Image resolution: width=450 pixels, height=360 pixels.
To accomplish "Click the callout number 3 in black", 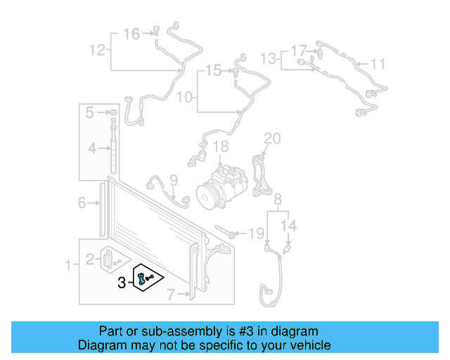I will click(122, 283).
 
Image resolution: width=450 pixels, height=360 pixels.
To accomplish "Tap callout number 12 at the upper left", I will click(96, 49).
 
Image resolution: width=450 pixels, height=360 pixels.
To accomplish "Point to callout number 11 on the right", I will click(378, 65).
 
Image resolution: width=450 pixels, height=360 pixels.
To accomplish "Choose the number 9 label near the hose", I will click(173, 180).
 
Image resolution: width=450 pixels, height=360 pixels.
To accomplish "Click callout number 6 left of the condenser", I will click(82, 203).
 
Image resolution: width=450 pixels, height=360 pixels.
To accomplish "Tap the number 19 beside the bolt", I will click(257, 232).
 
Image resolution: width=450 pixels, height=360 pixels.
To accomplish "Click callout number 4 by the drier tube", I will click(91, 148).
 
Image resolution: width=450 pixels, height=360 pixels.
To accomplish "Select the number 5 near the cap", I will click(90, 112).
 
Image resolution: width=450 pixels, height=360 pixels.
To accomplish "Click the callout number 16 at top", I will click(131, 33).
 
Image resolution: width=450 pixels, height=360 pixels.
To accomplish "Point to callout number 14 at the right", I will click(290, 226).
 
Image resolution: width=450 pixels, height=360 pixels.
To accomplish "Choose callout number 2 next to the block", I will click(90, 259).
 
